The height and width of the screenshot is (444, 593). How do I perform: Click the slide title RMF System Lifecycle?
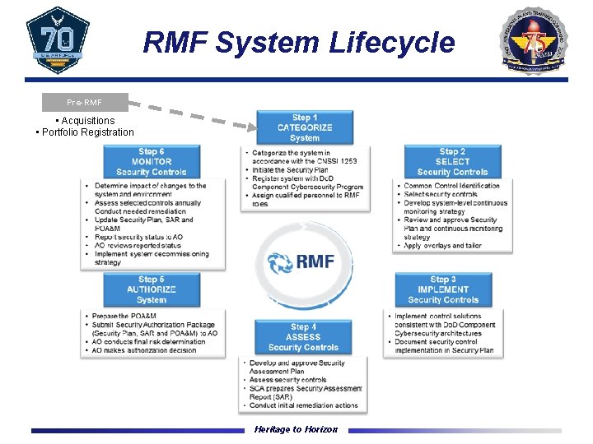tap(298, 42)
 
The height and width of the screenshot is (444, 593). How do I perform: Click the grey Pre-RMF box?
tap(86, 103)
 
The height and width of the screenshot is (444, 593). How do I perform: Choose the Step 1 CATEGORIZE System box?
tap(305, 127)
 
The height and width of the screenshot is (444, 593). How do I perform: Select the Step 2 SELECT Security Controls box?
tap(452, 162)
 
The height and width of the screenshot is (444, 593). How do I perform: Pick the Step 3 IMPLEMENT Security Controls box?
tap(443, 289)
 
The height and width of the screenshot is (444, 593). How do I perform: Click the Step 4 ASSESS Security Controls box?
tap(303, 337)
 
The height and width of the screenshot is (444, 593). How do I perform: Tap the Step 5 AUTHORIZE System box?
tap(152, 289)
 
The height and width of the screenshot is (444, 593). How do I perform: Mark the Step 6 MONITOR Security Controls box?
tap(152, 162)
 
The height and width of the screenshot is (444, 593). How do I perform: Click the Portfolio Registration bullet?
tap(86, 132)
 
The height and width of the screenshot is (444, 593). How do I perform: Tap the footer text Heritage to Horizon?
tap(296, 430)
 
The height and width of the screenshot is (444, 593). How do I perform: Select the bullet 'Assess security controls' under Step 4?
tap(288, 380)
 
